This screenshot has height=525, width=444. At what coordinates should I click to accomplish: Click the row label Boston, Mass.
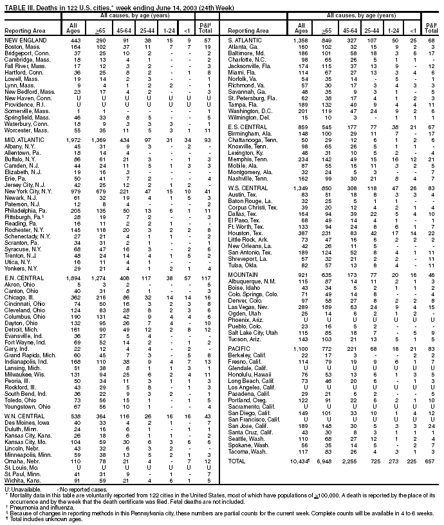click(x=20, y=47)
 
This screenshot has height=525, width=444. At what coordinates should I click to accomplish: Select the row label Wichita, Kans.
click(x=21, y=480)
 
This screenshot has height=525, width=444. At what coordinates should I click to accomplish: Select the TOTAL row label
click(x=232, y=461)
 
